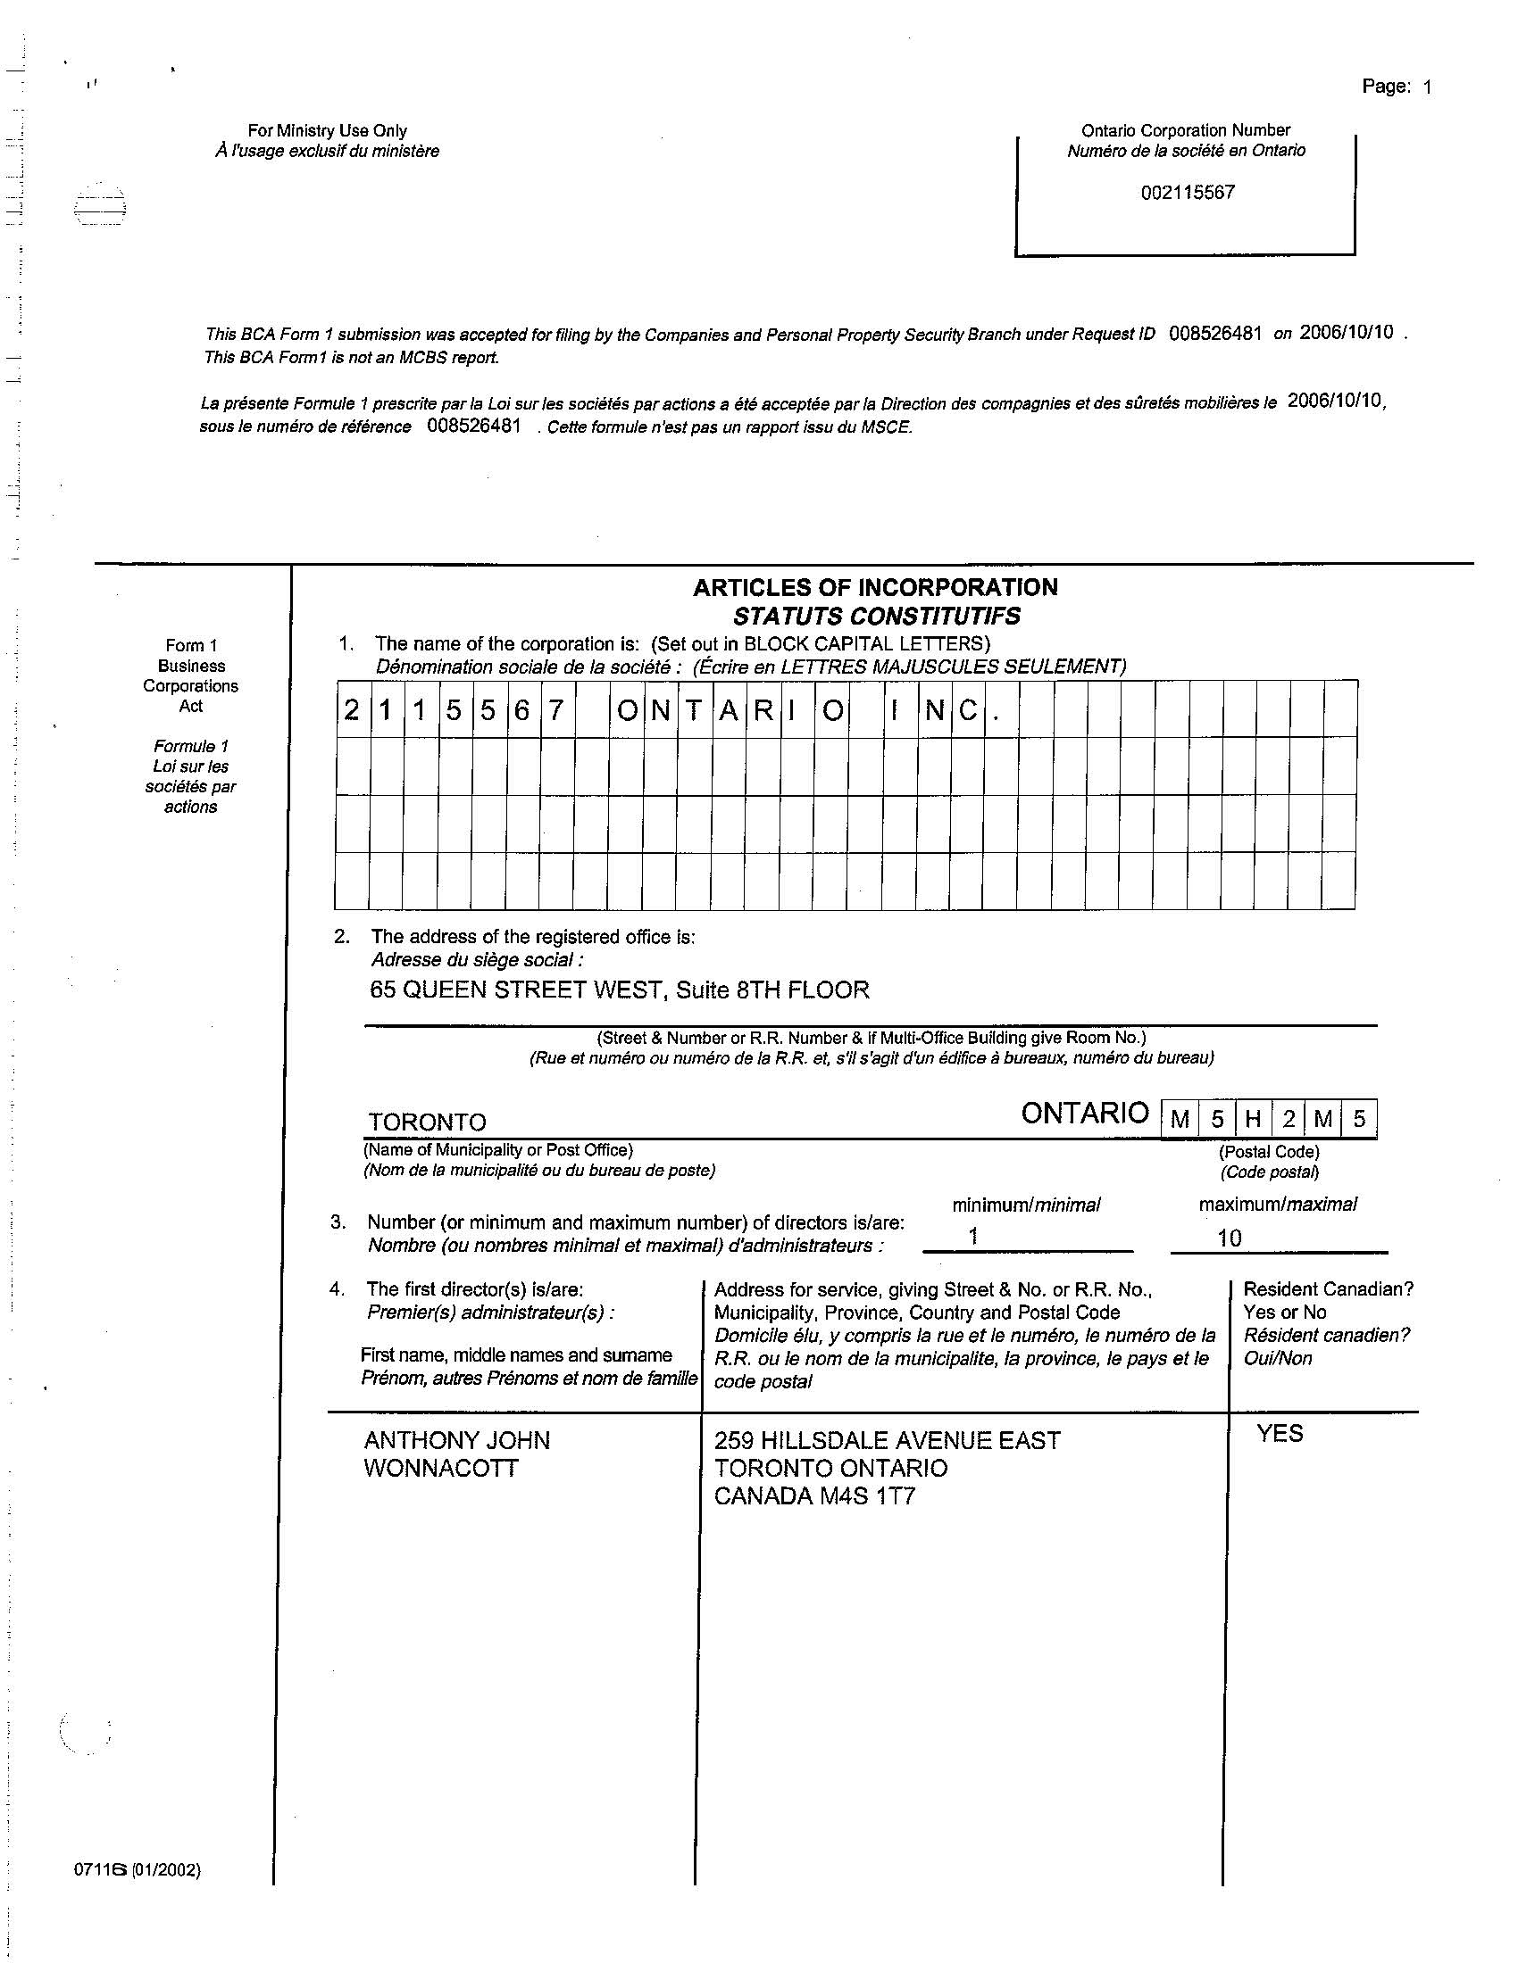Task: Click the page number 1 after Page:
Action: (x=1426, y=87)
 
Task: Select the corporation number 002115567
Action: (x=1187, y=193)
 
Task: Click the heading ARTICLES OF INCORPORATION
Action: (x=875, y=588)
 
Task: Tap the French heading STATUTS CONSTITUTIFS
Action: (x=877, y=617)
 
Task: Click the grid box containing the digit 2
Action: (x=352, y=711)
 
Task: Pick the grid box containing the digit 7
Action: (x=556, y=711)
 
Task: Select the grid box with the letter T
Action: (x=693, y=711)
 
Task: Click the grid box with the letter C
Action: (x=968, y=711)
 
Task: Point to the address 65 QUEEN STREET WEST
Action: (x=517, y=990)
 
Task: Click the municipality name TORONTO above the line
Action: (x=427, y=1122)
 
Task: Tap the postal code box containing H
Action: (x=1253, y=1120)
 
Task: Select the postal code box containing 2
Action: (x=1289, y=1120)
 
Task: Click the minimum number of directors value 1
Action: (x=973, y=1236)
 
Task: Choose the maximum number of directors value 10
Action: (x=1229, y=1238)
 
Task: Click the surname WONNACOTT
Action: (x=440, y=1469)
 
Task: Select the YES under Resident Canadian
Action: (x=1280, y=1434)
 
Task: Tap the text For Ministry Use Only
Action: (x=328, y=131)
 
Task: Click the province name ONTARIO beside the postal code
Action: (x=1085, y=1114)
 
